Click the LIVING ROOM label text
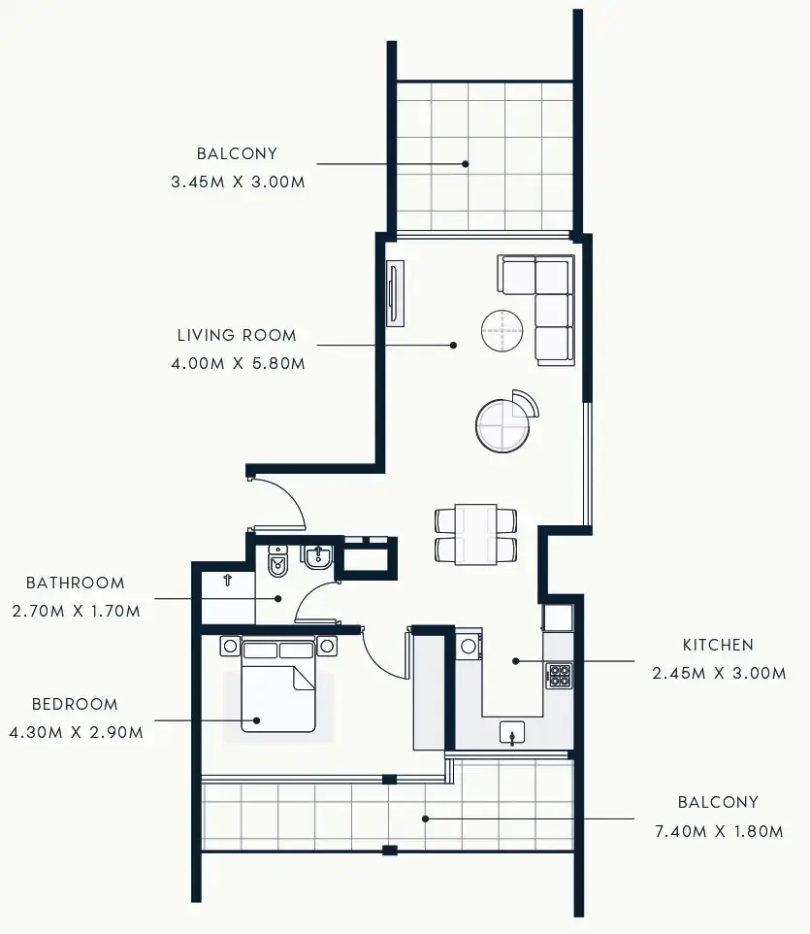[x=237, y=336]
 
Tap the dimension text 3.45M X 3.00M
[x=237, y=182]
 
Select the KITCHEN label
[x=718, y=645]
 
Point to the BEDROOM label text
[x=75, y=705]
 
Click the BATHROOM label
[x=75, y=584]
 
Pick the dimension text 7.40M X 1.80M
[x=718, y=831]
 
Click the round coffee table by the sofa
[x=503, y=331]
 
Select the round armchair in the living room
[x=503, y=423]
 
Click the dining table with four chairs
[x=475, y=534]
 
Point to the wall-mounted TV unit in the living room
[x=395, y=293]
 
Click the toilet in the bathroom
[x=278, y=560]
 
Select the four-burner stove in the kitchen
[x=560, y=675]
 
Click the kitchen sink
[x=513, y=732]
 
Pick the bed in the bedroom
[x=278, y=686]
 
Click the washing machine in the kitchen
[x=470, y=646]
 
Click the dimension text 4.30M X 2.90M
[x=75, y=733]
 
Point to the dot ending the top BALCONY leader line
[x=466, y=164]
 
